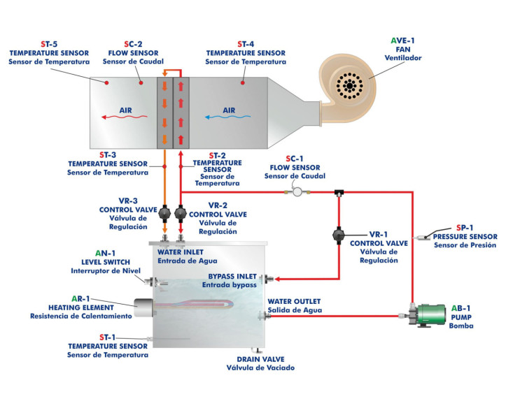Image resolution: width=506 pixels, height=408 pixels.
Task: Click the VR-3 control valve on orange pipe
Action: point(165,212)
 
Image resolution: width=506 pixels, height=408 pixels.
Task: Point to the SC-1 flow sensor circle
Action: point(296,191)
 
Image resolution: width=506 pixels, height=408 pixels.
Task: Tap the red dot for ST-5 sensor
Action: point(107,82)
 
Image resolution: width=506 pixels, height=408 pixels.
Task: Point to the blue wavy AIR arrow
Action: point(229,118)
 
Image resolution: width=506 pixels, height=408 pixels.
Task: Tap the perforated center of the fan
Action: point(348,86)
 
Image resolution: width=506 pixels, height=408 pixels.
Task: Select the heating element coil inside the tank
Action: point(196,305)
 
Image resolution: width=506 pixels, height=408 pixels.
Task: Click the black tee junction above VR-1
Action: point(337,191)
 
